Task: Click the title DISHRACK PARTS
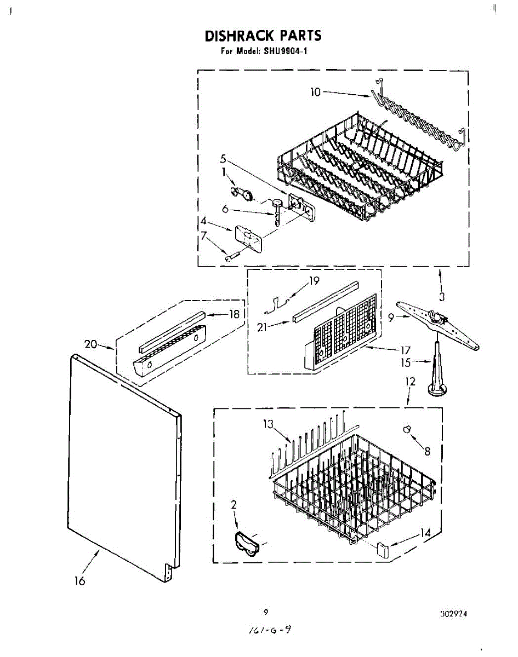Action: [x=263, y=36]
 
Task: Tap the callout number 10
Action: [x=315, y=92]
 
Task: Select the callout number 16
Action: [x=80, y=581]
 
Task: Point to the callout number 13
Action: [x=267, y=423]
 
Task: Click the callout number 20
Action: [x=91, y=344]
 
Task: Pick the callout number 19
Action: [x=314, y=281]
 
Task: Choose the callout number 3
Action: [x=442, y=297]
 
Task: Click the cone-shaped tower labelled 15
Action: [x=437, y=370]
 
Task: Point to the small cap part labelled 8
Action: [x=407, y=430]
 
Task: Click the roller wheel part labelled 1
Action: [x=244, y=192]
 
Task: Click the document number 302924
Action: [x=453, y=614]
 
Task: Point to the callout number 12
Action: [x=411, y=381]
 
